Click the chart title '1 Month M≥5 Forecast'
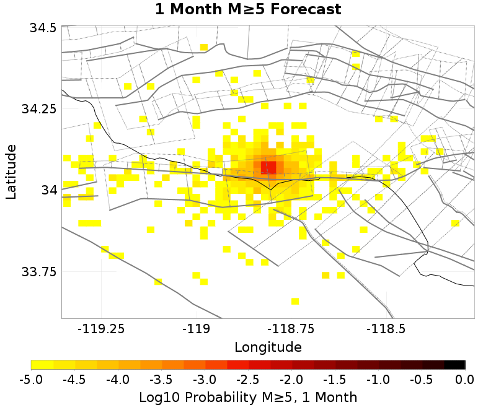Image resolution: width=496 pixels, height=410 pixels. [x=248, y=10]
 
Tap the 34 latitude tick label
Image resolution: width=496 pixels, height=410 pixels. [x=49, y=190]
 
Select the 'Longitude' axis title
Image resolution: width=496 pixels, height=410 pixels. [x=268, y=346]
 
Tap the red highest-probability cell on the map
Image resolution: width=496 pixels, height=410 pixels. [x=268, y=167]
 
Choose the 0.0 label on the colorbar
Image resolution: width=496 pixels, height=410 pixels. [x=464, y=378]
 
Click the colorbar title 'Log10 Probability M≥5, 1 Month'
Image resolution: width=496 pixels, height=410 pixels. [x=248, y=395]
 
